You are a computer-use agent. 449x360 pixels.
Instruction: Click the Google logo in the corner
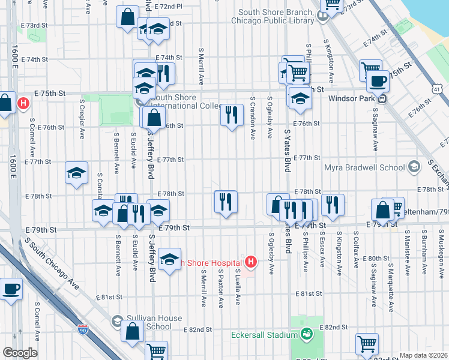tap(19, 353)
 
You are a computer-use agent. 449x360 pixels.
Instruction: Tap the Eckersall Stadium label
tap(265, 334)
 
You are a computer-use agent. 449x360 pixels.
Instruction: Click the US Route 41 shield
tap(440, 89)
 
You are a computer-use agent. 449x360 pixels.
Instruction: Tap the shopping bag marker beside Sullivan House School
tap(132, 331)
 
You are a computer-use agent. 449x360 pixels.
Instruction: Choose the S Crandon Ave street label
tap(253, 118)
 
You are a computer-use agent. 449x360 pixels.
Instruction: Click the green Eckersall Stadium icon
tap(307, 334)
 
